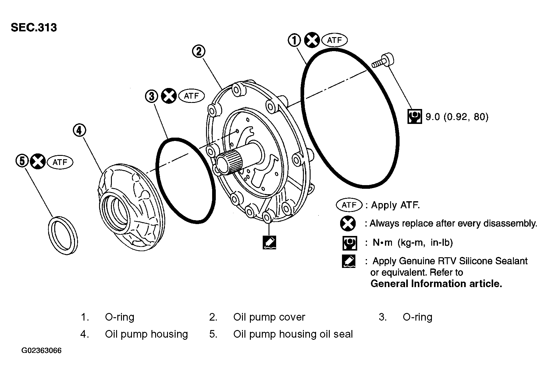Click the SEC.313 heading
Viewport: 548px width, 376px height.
point(34,27)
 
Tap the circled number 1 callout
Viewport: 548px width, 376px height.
point(294,40)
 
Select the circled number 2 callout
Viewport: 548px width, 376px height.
point(199,51)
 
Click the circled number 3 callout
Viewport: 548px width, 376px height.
point(151,96)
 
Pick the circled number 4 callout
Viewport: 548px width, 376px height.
point(79,130)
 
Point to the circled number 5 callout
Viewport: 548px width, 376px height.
point(22,161)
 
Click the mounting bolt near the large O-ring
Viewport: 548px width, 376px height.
point(383,61)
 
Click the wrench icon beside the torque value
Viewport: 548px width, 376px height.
point(415,116)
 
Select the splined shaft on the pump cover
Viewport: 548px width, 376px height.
point(232,163)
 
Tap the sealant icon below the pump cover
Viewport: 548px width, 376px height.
point(269,242)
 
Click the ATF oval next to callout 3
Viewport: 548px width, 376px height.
point(191,96)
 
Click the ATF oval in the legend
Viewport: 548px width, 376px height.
point(349,205)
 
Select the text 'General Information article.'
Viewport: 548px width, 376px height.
point(436,284)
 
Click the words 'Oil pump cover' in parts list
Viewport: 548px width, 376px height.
point(269,317)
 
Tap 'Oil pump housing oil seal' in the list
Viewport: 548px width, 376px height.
point(293,334)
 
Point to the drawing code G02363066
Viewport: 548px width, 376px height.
point(41,351)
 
